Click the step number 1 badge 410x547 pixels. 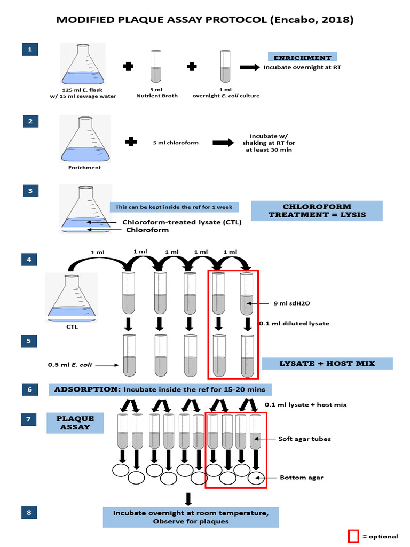click(x=30, y=50)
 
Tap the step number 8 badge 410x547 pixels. click(x=30, y=513)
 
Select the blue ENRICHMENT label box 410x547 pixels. click(x=302, y=58)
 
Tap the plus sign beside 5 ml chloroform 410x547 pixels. click(x=130, y=143)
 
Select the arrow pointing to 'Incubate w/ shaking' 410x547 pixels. click(x=223, y=143)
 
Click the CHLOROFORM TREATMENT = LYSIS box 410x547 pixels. click(x=317, y=211)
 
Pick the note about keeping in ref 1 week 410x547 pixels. click(x=174, y=207)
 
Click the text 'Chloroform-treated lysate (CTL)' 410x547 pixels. click(x=182, y=222)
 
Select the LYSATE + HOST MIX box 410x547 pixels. click(x=327, y=364)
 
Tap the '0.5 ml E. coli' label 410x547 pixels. click(x=70, y=365)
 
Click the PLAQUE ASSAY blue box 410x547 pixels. click(x=77, y=423)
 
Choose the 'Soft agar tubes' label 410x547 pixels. click(x=304, y=439)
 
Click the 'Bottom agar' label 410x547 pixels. click(x=301, y=478)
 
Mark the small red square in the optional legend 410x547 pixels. click(x=353, y=535)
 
